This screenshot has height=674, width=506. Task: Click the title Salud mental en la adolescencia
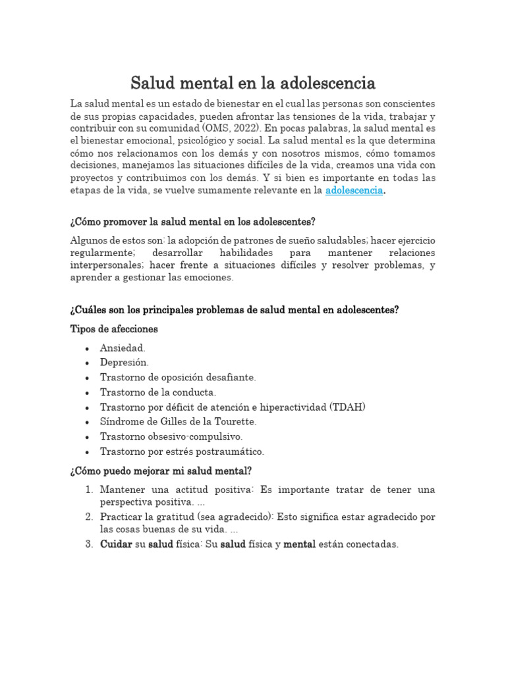253,84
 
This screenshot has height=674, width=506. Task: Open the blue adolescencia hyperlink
354,190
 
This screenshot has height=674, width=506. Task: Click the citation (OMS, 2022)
238,128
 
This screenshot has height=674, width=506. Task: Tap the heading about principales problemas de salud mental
234,310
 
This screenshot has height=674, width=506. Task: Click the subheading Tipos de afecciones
114,328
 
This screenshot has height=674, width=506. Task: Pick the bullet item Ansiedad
123,348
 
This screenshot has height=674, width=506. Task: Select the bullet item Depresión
125,363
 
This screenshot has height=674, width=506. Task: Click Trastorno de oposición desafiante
178,378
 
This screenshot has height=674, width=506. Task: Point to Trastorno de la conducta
158,392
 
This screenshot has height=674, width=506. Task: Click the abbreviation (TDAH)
347,407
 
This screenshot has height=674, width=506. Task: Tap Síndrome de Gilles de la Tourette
179,422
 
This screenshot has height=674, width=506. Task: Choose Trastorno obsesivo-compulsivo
171,436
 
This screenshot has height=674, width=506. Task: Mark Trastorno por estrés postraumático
182,452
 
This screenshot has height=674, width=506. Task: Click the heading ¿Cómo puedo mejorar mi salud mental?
160,471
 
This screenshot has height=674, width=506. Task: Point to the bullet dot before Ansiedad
88,348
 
